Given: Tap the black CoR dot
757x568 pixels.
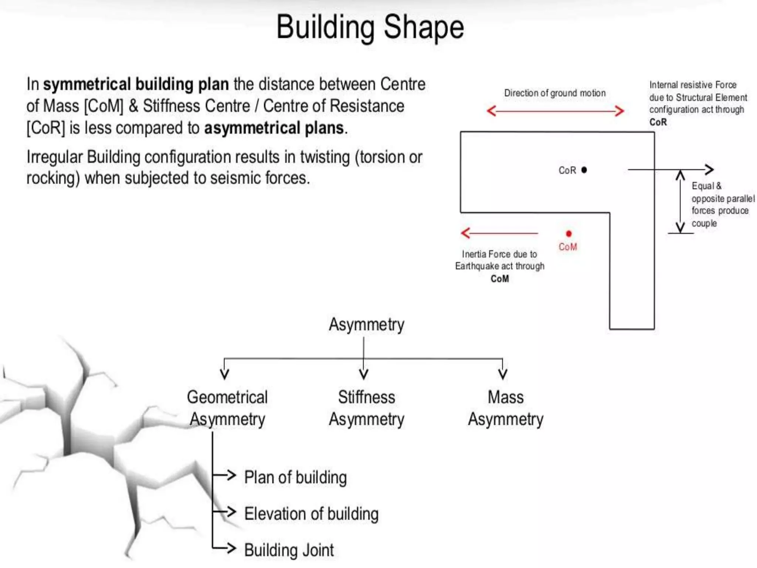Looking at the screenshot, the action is pos(584,170).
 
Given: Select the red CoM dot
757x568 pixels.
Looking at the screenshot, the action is pos(568,233).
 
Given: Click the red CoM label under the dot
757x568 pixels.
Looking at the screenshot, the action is pos(568,247).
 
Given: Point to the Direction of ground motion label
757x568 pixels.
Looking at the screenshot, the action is pos(555,93).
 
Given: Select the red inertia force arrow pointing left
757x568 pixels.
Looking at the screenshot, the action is pos(499,233).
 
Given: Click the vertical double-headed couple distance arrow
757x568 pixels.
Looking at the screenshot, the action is pos(680,202).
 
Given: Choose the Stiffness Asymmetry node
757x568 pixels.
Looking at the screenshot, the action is pos(366,408).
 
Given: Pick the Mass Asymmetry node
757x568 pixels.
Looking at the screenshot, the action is pos(506,408).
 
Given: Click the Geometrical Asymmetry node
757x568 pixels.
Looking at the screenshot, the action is pos(227,408).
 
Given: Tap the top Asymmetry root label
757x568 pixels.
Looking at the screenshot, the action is pos(366,324).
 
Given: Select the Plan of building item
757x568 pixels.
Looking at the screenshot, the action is pos(295,477).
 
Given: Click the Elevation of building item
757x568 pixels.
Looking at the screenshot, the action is pos(311,514).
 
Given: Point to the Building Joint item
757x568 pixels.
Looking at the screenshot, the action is pos(289,550).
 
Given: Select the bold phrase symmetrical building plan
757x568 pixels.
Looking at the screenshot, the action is pos(136,84).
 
